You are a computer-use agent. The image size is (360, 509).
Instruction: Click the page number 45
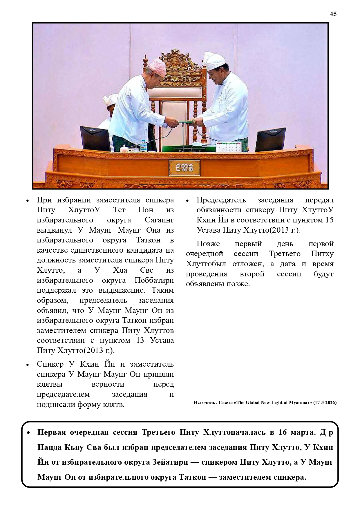coord(333,14)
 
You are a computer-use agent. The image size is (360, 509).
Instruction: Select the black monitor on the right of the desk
coord(270,140)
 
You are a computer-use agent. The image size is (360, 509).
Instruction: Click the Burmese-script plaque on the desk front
coord(184,168)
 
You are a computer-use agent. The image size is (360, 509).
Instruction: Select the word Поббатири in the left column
coord(154,280)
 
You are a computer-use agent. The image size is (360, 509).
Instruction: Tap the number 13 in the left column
coord(140,340)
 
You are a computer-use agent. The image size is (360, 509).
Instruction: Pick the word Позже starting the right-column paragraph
coord(208,244)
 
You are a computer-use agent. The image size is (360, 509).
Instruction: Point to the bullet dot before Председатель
coord(187,201)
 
